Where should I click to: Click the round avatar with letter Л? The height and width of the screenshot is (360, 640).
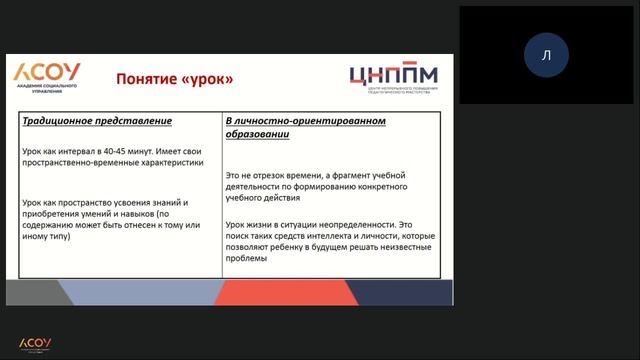(x=545, y=55)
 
